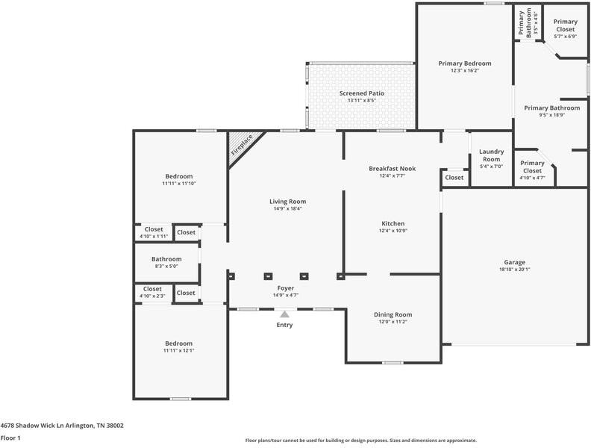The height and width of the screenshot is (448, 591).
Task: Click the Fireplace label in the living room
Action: pos(242,144)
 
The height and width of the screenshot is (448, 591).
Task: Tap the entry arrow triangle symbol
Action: pos(284,315)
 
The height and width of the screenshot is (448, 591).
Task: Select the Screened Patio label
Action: pos(362,93)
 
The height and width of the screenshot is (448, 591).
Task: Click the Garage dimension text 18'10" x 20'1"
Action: pos(514,270)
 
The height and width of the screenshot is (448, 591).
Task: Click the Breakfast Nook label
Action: pos(392,169)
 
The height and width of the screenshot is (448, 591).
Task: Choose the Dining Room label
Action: pos(393,314)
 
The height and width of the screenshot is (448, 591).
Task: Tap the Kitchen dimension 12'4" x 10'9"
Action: pos(393,231)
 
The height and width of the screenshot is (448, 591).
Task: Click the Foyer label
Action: pos(285,287)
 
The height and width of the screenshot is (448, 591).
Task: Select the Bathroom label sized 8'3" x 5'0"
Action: pos(166,259)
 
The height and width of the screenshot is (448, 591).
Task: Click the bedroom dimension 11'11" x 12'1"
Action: pos(178,350)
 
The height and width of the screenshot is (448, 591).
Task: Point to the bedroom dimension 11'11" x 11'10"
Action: pos(178,183)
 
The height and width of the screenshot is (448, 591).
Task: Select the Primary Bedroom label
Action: pos(464,63)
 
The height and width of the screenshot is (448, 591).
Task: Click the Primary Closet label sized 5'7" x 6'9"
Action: pos(565,22)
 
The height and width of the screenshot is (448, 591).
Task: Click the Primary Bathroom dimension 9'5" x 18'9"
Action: pos(551,115)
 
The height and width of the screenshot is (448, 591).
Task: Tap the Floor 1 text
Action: pos(10,438)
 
